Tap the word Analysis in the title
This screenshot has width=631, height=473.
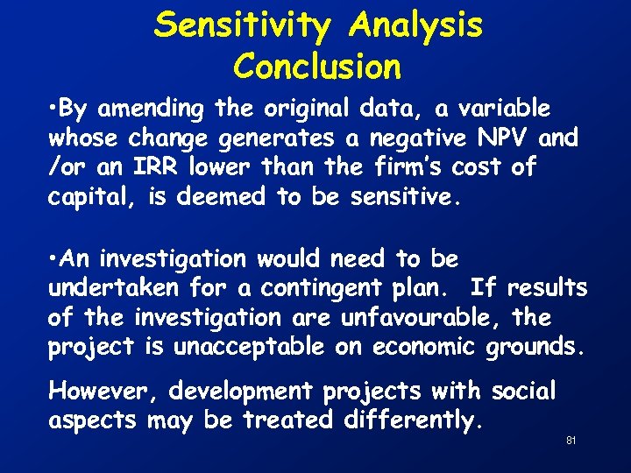click(415, 25)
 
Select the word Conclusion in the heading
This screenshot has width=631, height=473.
click(317, 66)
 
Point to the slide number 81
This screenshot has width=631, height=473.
click(571, 440)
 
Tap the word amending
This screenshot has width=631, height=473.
click(152, 109)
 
